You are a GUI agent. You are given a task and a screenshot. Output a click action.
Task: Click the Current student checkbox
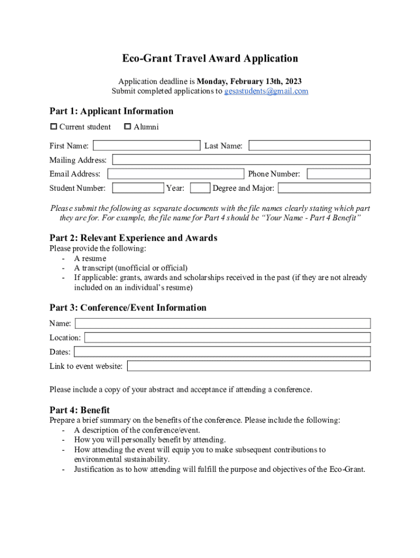(x=53, y=127)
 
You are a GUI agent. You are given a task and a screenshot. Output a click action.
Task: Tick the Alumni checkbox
(x=128, y=127)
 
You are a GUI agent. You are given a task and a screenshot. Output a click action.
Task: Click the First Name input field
(x=147, y=145)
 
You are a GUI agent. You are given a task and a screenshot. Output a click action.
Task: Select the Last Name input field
(x=310, y=145)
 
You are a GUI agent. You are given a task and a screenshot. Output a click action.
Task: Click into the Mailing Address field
(x=241, y=160)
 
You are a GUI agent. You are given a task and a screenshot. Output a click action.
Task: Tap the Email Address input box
(x=176, y=174)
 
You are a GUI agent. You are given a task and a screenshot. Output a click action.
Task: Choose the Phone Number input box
(x=338, y=174)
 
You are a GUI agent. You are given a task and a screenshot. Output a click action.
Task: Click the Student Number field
(x=138, y=188)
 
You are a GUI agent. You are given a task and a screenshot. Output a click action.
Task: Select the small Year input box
(x=201, y=188)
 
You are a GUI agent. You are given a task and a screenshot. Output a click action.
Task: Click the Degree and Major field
(x=325, y=188)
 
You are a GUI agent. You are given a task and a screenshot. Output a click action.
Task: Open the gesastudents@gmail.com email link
(x=266, y=91)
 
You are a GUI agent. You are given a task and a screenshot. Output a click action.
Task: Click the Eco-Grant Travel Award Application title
(x=210, y=58)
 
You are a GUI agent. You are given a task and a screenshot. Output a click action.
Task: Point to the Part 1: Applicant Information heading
(x=111, y=111)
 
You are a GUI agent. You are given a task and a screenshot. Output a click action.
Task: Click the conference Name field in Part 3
(x=223, y=323)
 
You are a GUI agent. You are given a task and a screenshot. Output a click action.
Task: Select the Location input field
(x=227, y=337)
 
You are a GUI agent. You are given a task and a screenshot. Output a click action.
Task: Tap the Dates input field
(x=222, y=351)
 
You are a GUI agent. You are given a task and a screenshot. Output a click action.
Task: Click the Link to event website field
(x=249, y=366)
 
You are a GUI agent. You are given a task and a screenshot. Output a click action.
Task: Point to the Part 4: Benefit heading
(x=80, y=410)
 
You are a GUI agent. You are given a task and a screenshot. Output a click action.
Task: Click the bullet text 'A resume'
(x=91, y=258)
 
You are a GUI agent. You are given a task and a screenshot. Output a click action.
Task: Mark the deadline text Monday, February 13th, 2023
(x=249, y=81)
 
